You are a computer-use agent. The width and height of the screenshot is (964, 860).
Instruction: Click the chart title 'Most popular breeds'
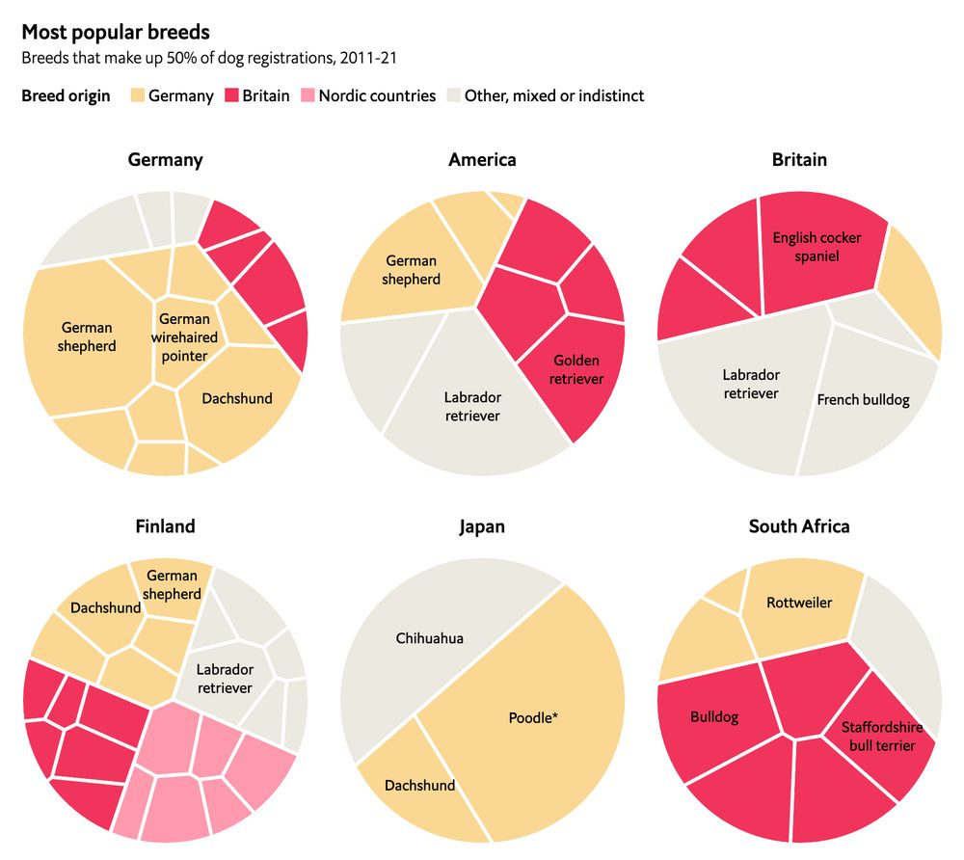[115, 33]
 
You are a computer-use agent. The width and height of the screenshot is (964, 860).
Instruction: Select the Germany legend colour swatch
[136, 95]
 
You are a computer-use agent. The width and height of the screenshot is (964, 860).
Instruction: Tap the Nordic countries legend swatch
[306, 95]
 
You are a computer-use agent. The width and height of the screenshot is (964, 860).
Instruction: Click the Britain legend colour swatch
[230, 95]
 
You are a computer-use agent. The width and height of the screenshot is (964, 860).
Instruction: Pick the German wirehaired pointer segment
[184, 337]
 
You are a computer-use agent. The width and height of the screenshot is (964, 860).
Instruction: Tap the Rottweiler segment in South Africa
[800, 603]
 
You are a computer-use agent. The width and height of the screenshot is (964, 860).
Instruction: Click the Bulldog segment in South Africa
[714, 718]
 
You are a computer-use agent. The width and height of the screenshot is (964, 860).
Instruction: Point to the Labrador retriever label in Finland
[225, 679]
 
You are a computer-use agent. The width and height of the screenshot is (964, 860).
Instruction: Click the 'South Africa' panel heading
[799, 526]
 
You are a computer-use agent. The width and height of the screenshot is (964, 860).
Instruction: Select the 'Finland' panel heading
[165, 526]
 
